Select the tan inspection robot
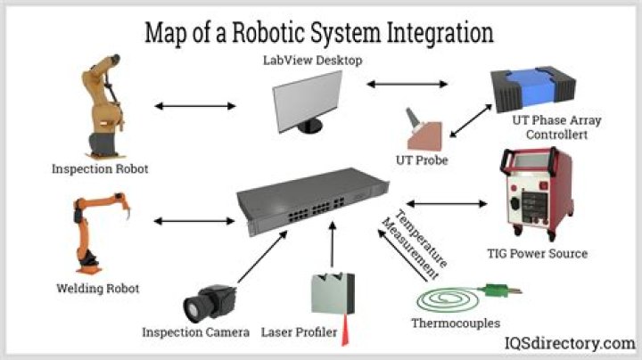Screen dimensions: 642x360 coord(103,106)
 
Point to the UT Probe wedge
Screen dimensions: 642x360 coord(424,131)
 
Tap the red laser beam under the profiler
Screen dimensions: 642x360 coord(345,331)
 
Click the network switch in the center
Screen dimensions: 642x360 coord(312,201)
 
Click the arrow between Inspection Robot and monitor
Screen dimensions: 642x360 coord(195,106)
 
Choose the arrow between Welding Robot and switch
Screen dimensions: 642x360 coord(194,221)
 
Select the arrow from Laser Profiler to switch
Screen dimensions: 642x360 coord(333,245)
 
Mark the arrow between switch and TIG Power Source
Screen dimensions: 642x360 coord(447,203)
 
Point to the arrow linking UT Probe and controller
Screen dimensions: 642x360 coord(471,121)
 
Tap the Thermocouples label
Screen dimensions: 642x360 coord(456,323)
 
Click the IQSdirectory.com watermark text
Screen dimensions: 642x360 coord(570,343)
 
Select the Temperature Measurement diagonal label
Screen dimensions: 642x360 coord(415,245)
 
